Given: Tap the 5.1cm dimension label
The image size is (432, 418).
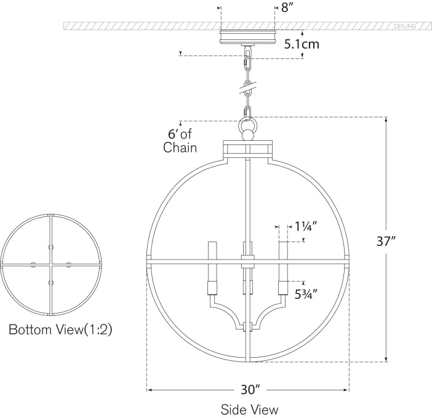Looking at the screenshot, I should pyautogui.click(x=302, y=44).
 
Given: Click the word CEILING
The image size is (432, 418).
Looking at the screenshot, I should pyautogui.click(x=404, y=26).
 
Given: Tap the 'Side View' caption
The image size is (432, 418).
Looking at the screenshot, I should pyautogui.click(x=249, y=409).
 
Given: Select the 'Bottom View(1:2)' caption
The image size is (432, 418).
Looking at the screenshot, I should pyautogui.click(x=60, y=329).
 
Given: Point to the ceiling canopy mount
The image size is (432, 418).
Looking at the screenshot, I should pyautogui.click(x=247, y=35).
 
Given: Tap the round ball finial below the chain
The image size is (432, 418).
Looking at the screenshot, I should pyautogui.click(x=248, y=133).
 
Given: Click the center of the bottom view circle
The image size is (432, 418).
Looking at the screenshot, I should pyautogui.click(x=50, y=265).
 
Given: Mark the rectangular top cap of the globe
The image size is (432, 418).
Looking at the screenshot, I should pyautogui.click(x=247, y=149).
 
